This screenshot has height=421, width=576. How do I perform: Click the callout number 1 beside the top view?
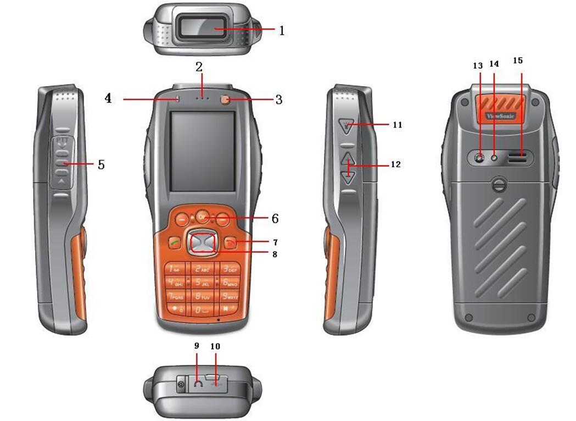(282, 31)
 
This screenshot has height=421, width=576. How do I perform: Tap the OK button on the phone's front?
(202, 216)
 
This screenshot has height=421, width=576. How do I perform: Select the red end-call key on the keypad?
(231, 243)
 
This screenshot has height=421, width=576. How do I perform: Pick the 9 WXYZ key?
(230, 297)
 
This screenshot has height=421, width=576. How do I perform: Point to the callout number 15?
(518, 60)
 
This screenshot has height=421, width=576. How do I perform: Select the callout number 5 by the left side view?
(101, 164)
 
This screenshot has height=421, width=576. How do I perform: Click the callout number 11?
(397, 125)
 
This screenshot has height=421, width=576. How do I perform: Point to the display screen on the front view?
(202, 151)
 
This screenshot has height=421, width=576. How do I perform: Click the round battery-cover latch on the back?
(499, 185)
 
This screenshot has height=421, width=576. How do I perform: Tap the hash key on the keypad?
(230, 310)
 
